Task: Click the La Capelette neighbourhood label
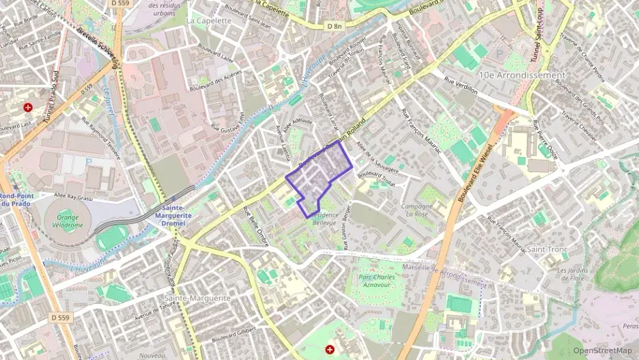pos(209,20)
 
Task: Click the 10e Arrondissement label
pos(522,74)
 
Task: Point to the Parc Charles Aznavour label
pos(377,281)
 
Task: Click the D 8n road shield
pos(334,26)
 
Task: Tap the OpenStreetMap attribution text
pos(602,350)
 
